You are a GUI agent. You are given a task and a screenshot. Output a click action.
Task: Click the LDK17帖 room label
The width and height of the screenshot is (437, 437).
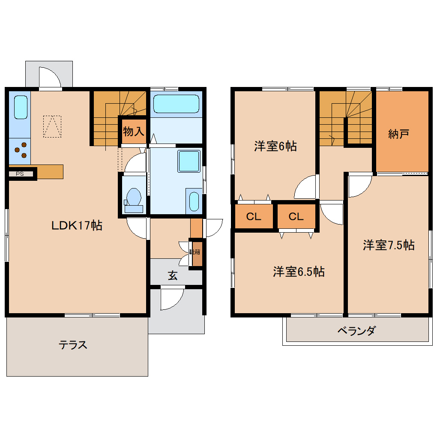[77, 225]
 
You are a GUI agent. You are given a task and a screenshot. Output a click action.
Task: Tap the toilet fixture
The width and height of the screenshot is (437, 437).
[134, 199]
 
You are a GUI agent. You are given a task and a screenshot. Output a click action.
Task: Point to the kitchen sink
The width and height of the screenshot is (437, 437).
[21, 107]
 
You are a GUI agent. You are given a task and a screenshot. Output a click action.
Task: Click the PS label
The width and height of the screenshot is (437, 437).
[20, 174]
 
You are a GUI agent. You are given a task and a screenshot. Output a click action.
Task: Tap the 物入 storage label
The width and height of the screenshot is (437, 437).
[133, 132]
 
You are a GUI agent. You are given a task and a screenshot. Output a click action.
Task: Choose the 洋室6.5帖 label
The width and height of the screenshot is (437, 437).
[299, 272]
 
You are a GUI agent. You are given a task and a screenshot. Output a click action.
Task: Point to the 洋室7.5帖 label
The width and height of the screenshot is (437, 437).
[389, 245]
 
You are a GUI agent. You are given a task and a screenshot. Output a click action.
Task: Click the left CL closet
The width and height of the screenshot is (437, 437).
[254, 217]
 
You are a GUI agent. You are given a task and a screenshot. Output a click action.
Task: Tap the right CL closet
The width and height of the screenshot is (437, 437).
[296, 217]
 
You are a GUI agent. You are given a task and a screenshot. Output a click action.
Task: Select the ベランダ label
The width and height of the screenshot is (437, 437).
[356, 331]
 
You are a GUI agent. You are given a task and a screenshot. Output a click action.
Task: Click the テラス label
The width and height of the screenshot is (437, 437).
[73, 345]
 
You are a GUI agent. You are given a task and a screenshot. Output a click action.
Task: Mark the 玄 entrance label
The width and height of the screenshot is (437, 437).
[172, 275]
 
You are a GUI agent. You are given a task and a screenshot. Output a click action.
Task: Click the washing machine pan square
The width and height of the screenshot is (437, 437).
[189, 161]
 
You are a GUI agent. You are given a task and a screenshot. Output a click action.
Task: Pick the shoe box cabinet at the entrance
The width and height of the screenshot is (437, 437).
[197, 252]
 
